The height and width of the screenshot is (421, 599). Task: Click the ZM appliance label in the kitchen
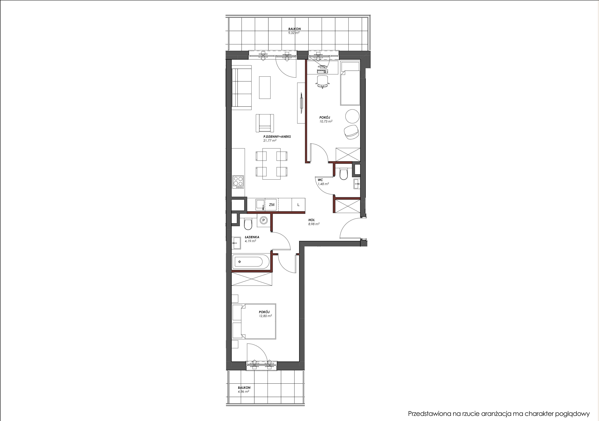pyautogui.click(x=272, y=205)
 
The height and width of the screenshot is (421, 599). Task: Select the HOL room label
pyautogui.click(x=311, y=220)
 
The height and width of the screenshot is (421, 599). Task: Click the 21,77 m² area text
pyautogui.click(x=270, y=140)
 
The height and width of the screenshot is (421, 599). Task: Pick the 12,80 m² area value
pyautogui.click(x=265, y=316)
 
